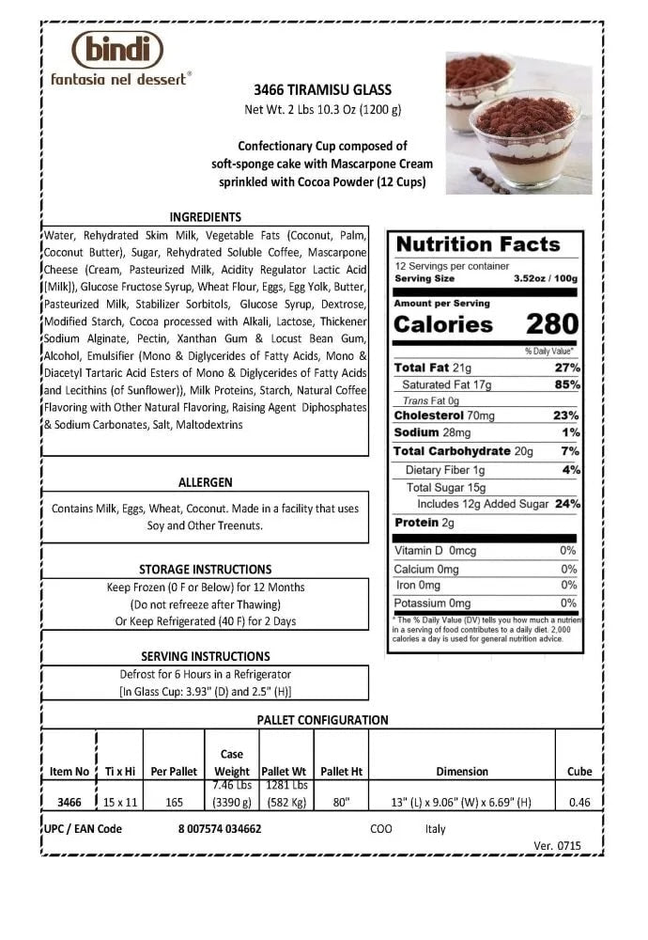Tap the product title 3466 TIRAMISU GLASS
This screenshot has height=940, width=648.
(323, 90)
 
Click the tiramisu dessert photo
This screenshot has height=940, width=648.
(518, 123)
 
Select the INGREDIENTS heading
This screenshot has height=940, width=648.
(205, 216)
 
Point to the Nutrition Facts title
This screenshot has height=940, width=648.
(478, 244)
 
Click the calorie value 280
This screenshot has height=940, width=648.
(552, 324)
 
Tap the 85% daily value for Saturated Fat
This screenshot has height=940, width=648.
(567, 384)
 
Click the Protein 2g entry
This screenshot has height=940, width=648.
(424, 523)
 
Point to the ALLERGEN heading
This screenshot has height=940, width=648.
(205, 482)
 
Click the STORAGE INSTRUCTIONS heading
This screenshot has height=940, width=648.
(205, 569)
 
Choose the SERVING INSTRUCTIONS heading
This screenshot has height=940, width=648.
(205, 656)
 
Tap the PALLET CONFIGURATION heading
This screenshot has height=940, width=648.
(322, 720)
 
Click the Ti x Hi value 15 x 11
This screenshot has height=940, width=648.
(120, 802)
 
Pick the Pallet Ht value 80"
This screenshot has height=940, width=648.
(341, 802)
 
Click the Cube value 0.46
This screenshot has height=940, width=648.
(579, 802)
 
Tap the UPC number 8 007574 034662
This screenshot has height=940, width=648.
(219, 829)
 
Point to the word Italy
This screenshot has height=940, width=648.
(435, 829)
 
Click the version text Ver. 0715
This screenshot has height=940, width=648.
(557, 845)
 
